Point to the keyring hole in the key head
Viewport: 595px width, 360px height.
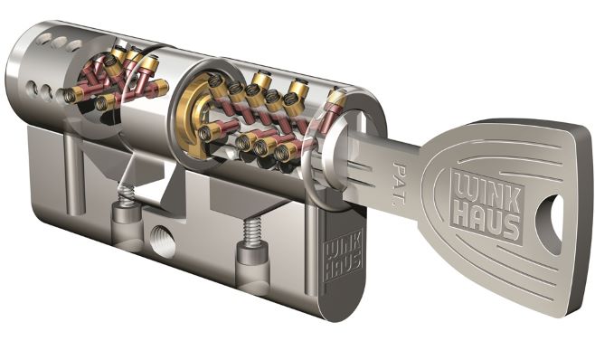click(549, 223)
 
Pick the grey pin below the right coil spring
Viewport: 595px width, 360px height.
click(252, 261)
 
